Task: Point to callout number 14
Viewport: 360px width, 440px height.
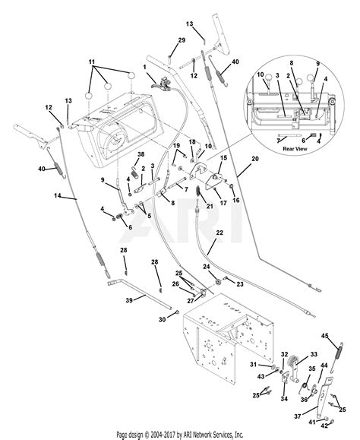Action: (58, 196)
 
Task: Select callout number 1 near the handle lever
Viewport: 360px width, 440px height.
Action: (144, 67)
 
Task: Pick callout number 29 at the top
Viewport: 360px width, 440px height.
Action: (182, 40)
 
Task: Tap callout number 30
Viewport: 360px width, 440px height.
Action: (162, 320)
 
